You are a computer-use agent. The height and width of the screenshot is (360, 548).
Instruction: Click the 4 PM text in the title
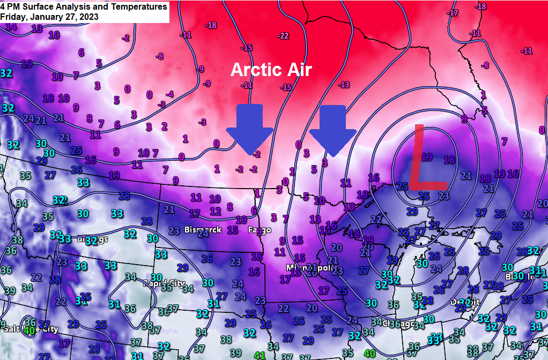[x=11, y=7]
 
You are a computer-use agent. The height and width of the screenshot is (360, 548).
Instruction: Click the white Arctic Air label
[x=271, y=70]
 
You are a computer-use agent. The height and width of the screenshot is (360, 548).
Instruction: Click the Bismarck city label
[x=202, y=230]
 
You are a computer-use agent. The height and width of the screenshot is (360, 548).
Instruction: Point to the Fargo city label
[x=256, y=230]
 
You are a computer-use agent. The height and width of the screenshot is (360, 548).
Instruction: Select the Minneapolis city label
[x=307, y=267]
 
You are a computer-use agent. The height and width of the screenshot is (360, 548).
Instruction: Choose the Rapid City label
[x=163, y=283]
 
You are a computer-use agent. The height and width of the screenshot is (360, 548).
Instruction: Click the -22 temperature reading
[x=283, y=36]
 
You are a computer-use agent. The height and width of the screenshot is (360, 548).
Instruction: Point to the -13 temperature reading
[x=343, y=85]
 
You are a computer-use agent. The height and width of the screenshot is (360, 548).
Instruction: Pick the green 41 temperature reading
[x=260, y=355]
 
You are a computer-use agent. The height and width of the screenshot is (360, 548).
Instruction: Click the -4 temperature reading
[x=169, y=94]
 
